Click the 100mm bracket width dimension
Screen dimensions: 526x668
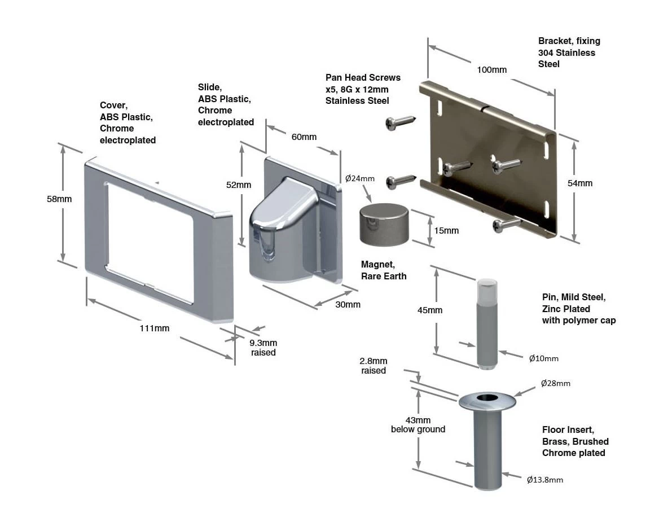(x=491, y=70)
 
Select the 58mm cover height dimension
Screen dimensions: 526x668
(x=59, y=199)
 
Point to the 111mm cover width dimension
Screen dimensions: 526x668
(x=154, y=328)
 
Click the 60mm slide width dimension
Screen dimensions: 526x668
(x=304, y=137)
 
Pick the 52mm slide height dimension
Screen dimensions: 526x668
(x=239, y=185)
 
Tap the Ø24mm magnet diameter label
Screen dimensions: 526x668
(x=360, y=178)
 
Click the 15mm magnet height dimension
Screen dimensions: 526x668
(x=447, y=230)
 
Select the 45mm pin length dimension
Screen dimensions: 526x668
(x=430, y=310)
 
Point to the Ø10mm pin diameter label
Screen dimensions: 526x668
(x=543, y=358)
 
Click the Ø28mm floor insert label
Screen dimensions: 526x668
(x=555, y=383)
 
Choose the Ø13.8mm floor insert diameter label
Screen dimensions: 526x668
(x=544, y=480)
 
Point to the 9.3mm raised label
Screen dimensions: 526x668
(x=263, y=348)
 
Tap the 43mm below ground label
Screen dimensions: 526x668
(x=417, y=424)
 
